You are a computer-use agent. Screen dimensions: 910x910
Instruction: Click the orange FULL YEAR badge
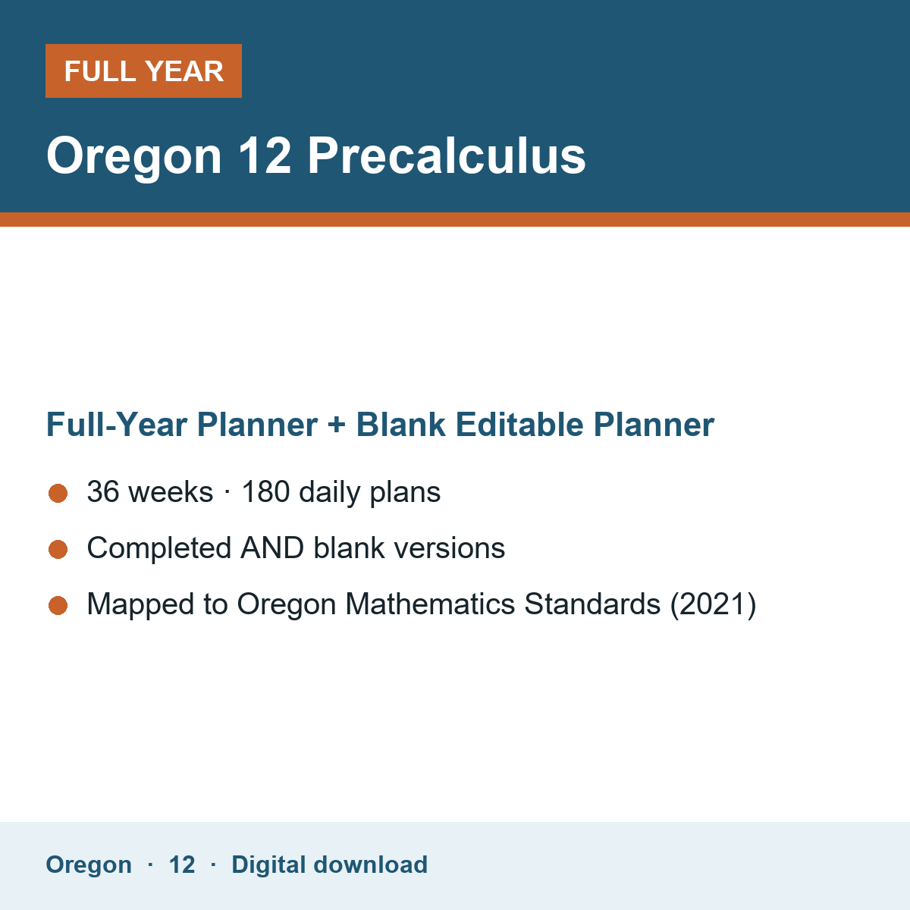click(143, 71)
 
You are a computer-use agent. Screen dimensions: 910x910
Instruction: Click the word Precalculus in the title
click(446, 156)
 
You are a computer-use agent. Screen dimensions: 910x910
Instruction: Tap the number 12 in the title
click(265, 156)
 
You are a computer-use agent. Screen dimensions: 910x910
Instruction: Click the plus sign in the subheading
click(337, 425)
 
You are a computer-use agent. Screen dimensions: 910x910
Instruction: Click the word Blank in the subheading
click(400, 424)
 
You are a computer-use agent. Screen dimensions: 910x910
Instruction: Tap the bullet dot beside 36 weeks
click(58, 494)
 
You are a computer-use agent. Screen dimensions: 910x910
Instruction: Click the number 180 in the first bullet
click(265, 491)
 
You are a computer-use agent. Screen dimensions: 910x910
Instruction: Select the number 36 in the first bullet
click(103, 491)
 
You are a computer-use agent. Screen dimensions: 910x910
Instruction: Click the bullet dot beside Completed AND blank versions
click(58, 549)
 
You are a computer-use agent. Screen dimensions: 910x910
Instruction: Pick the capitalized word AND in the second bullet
click(272, 548)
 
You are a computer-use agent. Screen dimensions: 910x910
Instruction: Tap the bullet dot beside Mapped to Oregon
click(58, 605)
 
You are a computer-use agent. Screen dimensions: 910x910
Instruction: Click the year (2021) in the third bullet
click(713, 604)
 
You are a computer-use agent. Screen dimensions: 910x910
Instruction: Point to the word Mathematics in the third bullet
click(430, 604)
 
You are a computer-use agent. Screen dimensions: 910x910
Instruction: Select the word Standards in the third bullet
click(592, 604)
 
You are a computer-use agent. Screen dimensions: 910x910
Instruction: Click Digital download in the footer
click(329, 864)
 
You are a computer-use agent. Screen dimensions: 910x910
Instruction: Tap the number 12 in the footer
click(182, 865)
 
